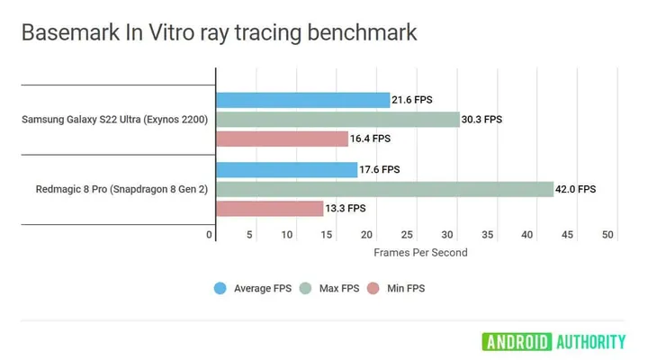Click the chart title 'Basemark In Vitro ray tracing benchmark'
(219, 33)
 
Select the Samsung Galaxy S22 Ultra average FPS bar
(302, 100)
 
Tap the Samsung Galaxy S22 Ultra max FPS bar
(337, 119)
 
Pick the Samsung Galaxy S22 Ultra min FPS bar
(282, 139)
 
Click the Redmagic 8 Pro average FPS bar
(286, 169)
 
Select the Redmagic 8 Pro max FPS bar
(384, 189)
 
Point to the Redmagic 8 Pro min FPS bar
(269, 208)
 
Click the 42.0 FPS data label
(576, 189)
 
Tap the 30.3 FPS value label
(482, 119)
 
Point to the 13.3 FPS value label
(346, 208)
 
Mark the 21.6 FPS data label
(412, 100)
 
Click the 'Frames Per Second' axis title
(420, 253)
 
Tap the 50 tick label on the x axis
(607, 235)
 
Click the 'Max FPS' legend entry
(337, 289)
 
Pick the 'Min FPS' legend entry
(402, 289)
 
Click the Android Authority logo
(553, 341)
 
